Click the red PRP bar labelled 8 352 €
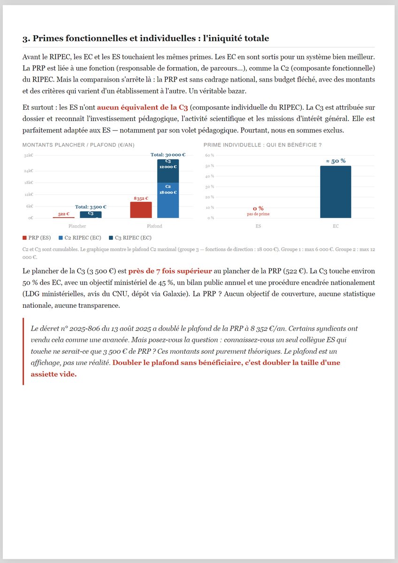click(x=141, y=210)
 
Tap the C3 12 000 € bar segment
click(x=168, y=170)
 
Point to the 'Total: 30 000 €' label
click(x=168, y=154)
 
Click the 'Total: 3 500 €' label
click(x=91, y=206)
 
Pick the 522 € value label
click(x=64, y=214)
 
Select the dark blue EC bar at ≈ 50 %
click(x=336, y=192)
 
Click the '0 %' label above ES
click(x=258, y=208)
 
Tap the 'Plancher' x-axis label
click(x=77, y=226)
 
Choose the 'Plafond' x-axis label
click(x=154, y=226)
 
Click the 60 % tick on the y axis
click(x=209, y=155)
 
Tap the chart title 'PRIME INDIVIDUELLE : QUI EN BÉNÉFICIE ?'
click(x=262, y=145)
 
